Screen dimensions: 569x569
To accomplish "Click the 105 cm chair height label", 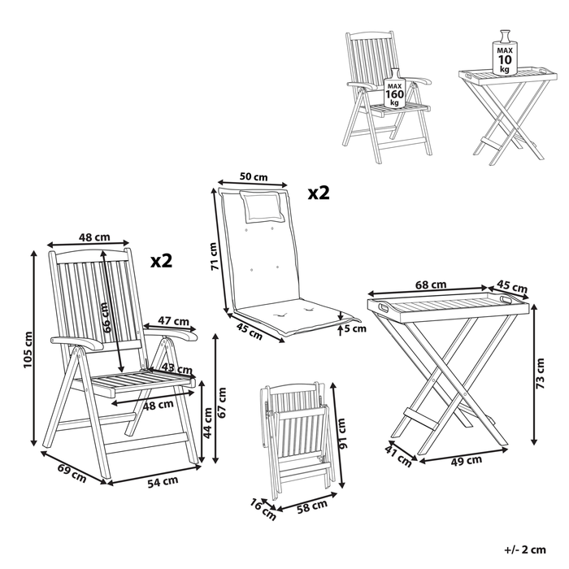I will (28, 350).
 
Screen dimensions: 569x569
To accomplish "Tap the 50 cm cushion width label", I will (254, 176).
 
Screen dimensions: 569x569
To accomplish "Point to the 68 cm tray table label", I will (431, 284).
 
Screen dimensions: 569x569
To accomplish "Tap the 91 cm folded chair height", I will (342, 439).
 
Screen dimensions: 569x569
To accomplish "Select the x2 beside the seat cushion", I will (318, 193).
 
